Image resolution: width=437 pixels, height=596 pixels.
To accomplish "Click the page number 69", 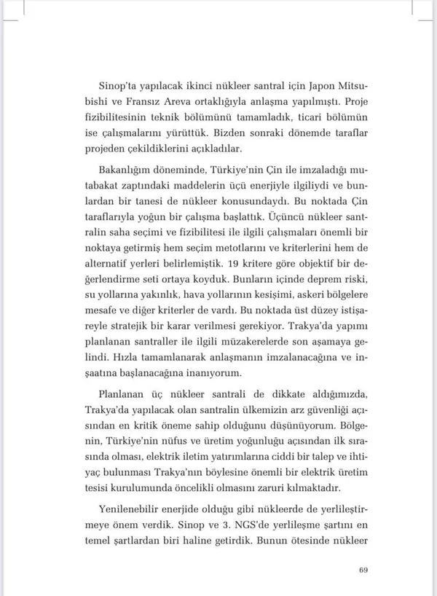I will (366, 570).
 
